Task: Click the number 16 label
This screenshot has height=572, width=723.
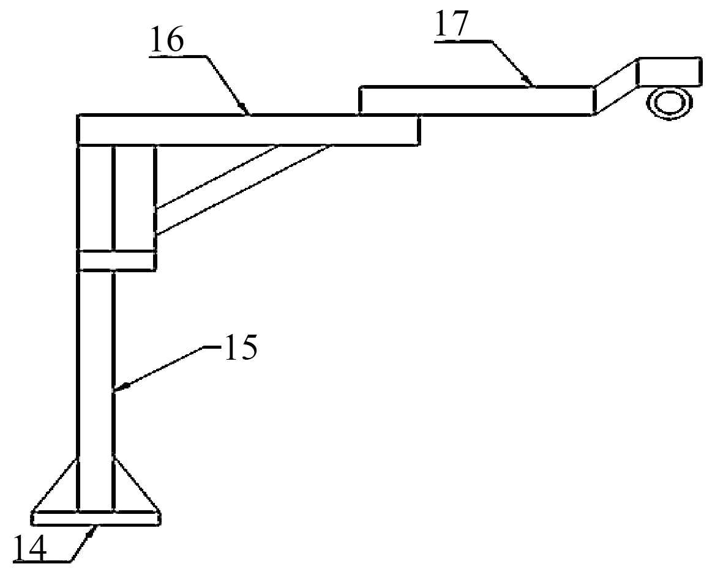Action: tap(166, 40)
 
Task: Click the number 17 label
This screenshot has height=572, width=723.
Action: tap(452, 24)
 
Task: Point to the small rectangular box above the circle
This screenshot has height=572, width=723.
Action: tap(670, 72)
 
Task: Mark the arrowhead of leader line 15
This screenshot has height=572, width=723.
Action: tap(121, 386)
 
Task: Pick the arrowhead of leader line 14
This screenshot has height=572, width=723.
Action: tap(94, 530)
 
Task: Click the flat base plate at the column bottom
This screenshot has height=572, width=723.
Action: tap(97, 518)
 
